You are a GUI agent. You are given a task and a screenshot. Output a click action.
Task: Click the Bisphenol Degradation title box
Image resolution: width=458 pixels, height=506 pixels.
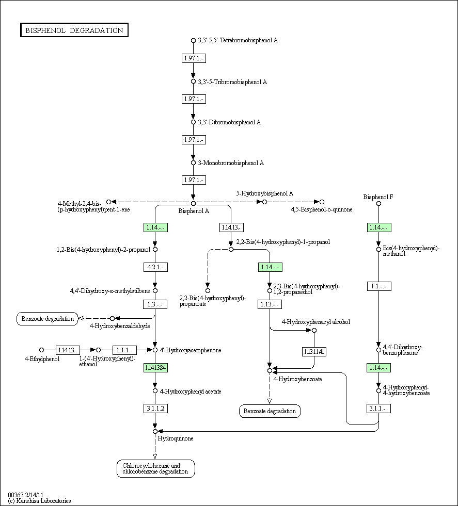(74, 30)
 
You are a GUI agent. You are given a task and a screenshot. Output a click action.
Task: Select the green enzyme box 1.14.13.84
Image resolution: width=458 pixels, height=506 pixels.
(155, 368)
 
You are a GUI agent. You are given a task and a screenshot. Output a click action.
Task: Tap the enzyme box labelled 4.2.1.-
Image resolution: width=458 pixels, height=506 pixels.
(155, 267)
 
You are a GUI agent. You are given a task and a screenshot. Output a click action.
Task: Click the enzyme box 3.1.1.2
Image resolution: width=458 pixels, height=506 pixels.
(155, 409)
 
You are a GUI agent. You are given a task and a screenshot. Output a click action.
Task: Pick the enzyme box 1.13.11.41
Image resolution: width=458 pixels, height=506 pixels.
(313, 352)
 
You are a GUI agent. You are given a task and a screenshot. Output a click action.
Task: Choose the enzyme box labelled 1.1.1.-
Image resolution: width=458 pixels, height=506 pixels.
(124, 350)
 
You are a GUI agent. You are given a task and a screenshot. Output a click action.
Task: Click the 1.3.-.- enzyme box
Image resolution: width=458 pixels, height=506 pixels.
(155, 304)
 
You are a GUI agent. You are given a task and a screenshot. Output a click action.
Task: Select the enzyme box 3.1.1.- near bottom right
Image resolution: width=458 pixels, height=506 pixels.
(379, 409)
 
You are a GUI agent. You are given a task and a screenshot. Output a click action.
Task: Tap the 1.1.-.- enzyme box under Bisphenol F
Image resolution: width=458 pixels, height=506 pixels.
(379, 286)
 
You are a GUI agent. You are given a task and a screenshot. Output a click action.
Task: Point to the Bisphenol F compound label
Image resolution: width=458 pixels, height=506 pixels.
(378, 197)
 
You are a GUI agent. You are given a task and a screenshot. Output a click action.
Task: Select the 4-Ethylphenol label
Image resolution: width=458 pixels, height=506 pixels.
(42, 358)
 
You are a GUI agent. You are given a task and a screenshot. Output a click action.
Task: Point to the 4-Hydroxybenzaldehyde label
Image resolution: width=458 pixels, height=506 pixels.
(120, 326)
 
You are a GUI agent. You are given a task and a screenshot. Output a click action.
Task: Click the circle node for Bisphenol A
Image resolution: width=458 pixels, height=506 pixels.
(193, 203)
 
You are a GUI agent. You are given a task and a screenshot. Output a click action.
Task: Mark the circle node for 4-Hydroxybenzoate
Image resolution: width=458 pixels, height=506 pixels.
(270, 370)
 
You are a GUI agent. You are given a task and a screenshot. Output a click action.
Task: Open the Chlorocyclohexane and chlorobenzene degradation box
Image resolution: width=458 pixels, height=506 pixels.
(155, 468)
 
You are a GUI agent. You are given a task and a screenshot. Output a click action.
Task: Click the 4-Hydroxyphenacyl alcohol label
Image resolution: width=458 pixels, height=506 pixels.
(315, 322)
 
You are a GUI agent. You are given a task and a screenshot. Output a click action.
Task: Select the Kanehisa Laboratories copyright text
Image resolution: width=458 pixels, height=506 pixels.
(39, 501)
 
